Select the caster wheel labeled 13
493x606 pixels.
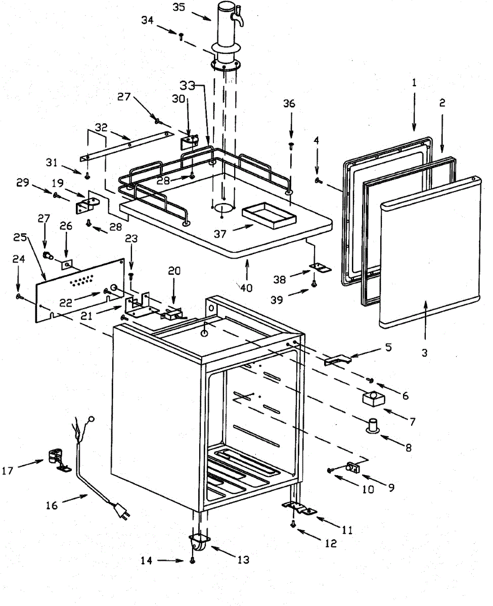[198, 545]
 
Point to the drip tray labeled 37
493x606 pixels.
[268, 218]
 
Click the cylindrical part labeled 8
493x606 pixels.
[374, 425]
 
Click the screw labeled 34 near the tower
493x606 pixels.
[181, 35]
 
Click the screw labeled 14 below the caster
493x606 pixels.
[192, 561]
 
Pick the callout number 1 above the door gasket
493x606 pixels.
[414, 83]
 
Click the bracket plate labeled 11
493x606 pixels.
[299, 509]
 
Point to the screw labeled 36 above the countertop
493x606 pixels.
[291, 146]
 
